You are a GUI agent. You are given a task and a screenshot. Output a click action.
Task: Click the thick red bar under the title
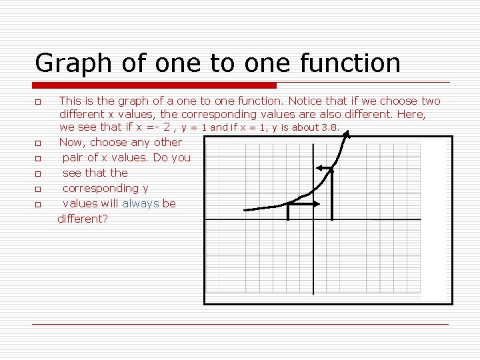pos(155,85)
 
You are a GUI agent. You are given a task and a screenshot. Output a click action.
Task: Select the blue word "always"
pos(141,203)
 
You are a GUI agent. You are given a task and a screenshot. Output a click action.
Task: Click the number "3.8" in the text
pos(330,127)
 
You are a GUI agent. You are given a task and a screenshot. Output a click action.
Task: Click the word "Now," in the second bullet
pos(73,142)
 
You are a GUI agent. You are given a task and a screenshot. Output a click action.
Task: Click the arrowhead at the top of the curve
pos(346,134)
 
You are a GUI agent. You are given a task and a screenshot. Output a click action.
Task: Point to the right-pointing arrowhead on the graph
pos(316,205)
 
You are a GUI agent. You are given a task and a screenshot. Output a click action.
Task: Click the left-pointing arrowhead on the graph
pos(319,168)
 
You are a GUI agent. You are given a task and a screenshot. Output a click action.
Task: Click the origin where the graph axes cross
pos(314,219)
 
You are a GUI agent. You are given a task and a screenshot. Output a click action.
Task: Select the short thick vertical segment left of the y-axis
pos(287,212)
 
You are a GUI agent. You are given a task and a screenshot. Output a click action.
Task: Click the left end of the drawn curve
pos(245,211)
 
